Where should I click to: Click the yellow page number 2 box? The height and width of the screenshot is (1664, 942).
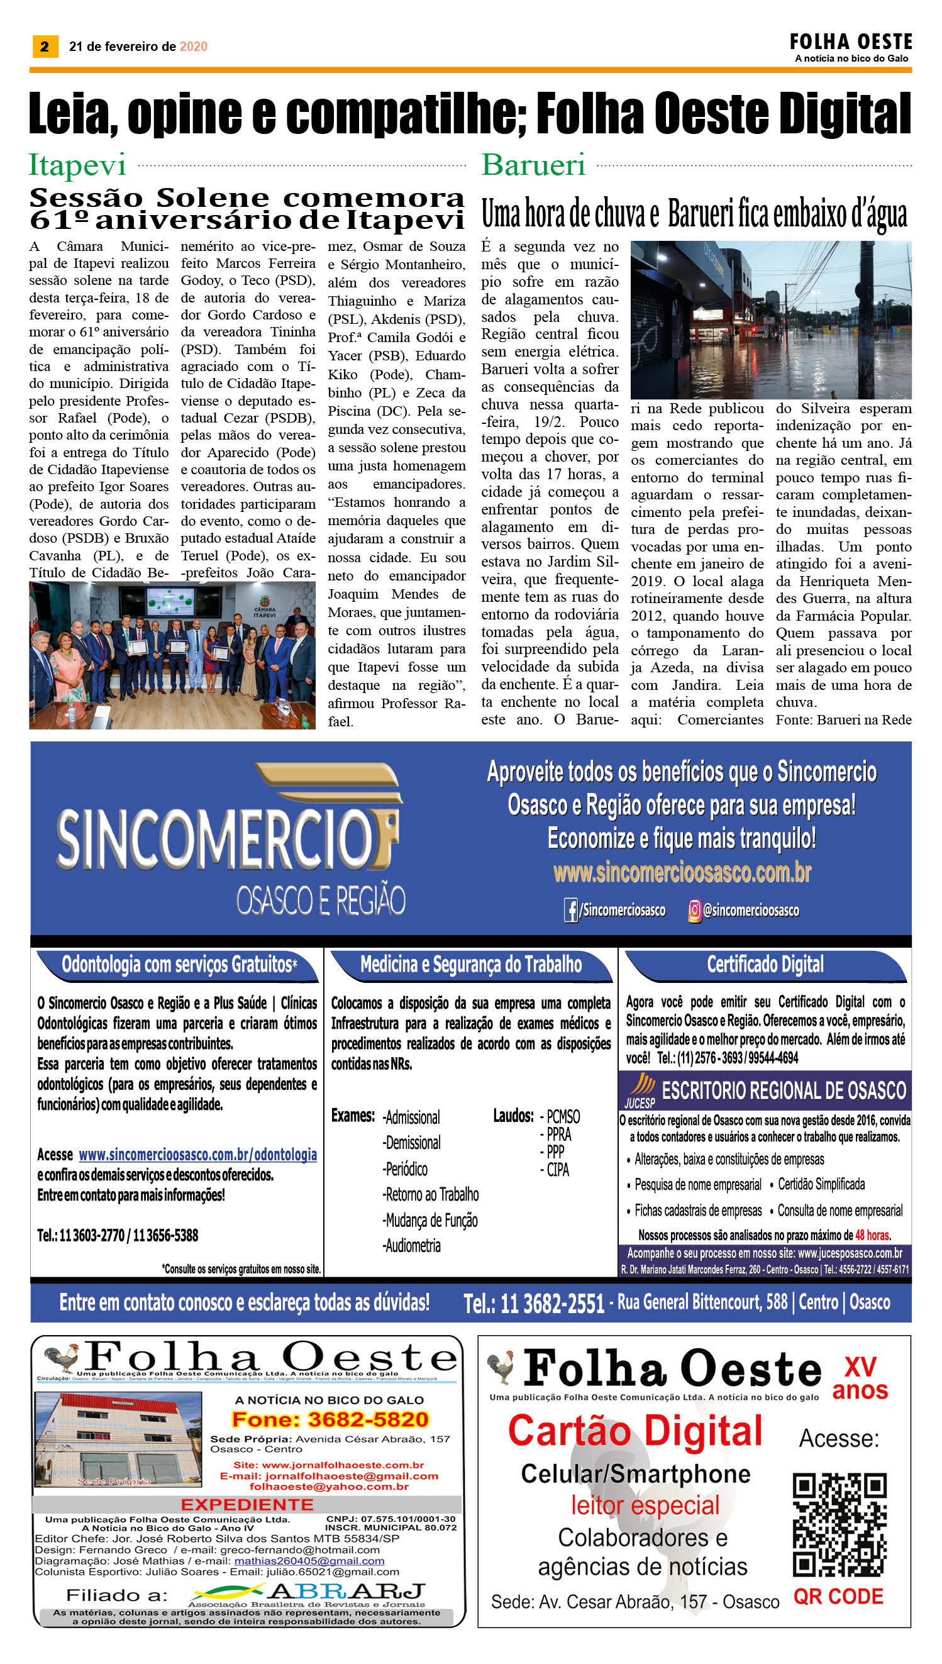point(45,47)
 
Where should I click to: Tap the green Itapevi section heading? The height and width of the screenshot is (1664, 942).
point(77,165)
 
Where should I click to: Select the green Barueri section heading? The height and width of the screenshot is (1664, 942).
point(533,165)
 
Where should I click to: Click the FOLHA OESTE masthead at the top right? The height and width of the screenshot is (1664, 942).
point(850,43)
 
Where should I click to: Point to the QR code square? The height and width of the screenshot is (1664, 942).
point(839,1525)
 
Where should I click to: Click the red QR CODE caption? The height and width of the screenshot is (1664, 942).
point(838,1597)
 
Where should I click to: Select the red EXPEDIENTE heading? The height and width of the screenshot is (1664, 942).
point(247,1504)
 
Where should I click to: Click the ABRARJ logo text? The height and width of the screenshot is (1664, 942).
point(346,1591)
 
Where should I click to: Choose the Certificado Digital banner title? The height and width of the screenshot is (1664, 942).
point(765,965)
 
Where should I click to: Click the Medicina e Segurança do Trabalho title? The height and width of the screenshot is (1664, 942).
point(470,965)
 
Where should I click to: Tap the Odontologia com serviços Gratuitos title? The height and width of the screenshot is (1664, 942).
point(179,965)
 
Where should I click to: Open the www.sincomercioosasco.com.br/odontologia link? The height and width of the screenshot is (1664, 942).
point(197,1154)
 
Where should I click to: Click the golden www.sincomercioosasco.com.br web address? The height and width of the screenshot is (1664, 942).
point(682,872)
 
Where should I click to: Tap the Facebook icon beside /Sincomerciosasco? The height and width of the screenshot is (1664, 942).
point(570,910)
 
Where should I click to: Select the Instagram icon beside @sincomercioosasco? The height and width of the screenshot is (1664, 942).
point(694,910)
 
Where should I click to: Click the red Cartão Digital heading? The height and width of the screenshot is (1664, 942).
point(634,1431)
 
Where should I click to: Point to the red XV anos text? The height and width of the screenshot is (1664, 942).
point(860,1378)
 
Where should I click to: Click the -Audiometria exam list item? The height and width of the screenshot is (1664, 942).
point(412,1245)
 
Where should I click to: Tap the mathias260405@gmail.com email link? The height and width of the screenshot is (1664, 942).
point(309,1561)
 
